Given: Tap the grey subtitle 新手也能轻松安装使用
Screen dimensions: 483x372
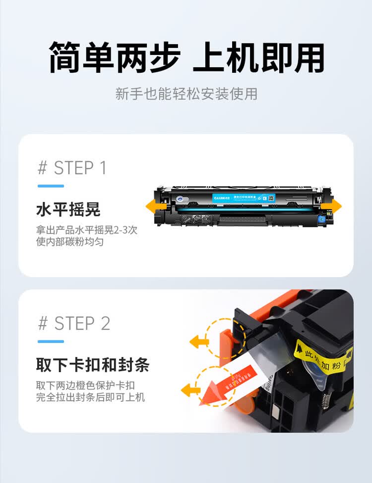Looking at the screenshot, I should coord(186,94).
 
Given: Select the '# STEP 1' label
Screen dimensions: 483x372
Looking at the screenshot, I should coord(72,168).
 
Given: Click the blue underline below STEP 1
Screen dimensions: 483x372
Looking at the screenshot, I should coord(51,186).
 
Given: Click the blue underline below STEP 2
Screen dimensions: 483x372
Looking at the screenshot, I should coord(51,341).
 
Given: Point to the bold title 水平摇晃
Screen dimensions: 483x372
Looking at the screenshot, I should coord(68,210).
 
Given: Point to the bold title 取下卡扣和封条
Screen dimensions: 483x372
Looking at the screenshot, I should coord(92,365).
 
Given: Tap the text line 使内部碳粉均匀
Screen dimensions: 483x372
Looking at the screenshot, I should coord(69,242).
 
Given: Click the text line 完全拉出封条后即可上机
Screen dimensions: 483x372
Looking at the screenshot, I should coord(90,397).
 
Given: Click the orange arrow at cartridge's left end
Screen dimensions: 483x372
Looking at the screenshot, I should coord(152,206).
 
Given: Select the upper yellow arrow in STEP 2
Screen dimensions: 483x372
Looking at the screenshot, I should coord(199,340).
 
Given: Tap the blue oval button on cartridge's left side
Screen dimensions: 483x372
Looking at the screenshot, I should coord(179,199).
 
